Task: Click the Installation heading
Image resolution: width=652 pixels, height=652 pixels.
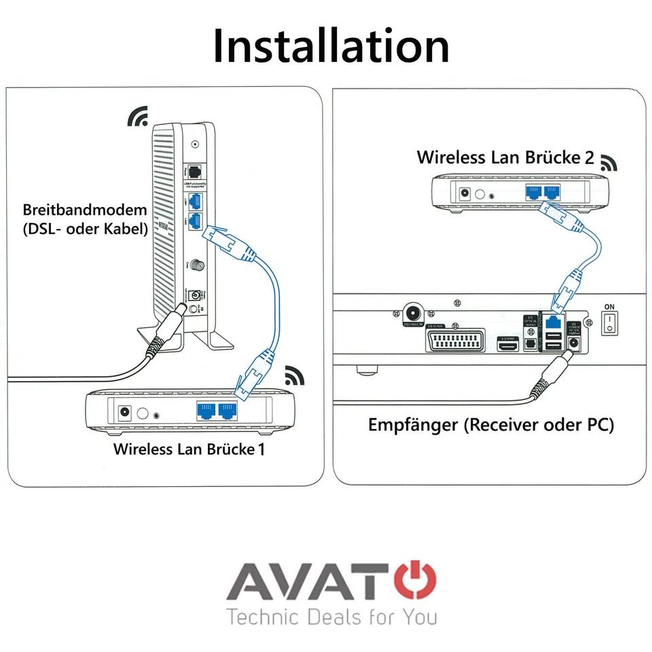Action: coord(331,46)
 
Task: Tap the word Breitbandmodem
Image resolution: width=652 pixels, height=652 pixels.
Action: coord(84,210)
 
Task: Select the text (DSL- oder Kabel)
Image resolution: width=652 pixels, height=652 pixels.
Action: coord(84,229)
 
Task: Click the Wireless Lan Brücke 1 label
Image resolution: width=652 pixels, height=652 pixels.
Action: coord(189,449)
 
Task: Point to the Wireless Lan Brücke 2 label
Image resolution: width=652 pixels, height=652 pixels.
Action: coord(505,158)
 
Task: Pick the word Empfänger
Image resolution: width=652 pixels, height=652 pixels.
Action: coord(413,425)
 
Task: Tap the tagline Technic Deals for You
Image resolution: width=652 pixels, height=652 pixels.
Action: coord(331,617)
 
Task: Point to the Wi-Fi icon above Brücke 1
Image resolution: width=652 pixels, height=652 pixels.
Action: coord(295,374)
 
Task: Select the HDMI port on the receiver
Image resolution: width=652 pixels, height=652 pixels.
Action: coord(509,347)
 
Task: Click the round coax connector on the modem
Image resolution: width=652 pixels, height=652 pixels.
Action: coord(198,266)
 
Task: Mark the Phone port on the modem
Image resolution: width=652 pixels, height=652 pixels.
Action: coord(196,170)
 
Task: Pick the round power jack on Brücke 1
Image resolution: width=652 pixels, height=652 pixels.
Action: coord(124,412)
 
